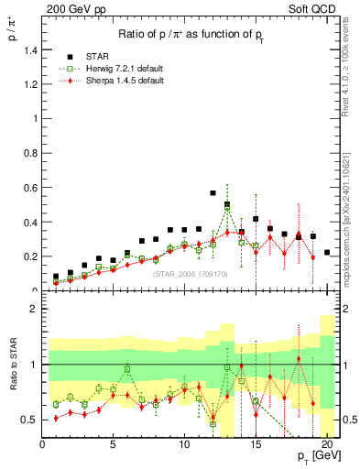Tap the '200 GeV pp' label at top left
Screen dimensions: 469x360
point(66,9)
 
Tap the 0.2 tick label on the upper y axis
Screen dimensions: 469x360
point(32,256)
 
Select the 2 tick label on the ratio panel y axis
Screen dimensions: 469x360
point(36,309)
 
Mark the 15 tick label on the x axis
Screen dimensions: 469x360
point(256,446)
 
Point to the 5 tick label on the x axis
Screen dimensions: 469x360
point(113,446)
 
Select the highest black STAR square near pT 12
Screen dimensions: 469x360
point(213,193)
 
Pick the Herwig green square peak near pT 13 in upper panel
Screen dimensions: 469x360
point(227,209)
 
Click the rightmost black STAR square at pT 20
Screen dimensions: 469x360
point(327,252)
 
